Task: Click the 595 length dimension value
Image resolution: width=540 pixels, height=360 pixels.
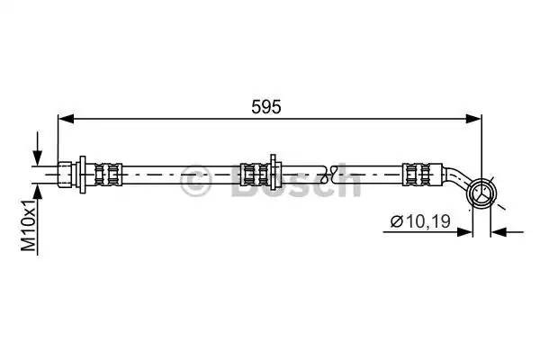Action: tap(265, 107)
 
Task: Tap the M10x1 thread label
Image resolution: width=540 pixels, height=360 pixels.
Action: tap(29, 225)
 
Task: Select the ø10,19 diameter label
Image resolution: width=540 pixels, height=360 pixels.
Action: tap(420, 221)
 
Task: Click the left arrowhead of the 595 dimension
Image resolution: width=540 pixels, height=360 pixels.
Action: tap(67, 119)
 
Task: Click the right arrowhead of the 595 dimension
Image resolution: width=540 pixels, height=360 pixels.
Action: tap(472, 119)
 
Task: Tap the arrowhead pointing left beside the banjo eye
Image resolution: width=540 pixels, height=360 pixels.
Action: tap(499, 232)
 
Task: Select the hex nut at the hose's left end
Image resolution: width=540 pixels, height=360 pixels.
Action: tap(65, 175)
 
